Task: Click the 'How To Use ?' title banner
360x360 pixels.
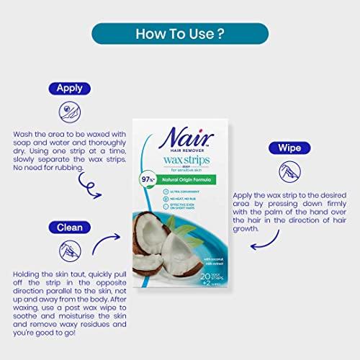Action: point(179,33)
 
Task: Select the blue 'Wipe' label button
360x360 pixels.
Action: point(289,148)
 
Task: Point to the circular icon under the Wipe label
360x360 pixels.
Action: point(289,171)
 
